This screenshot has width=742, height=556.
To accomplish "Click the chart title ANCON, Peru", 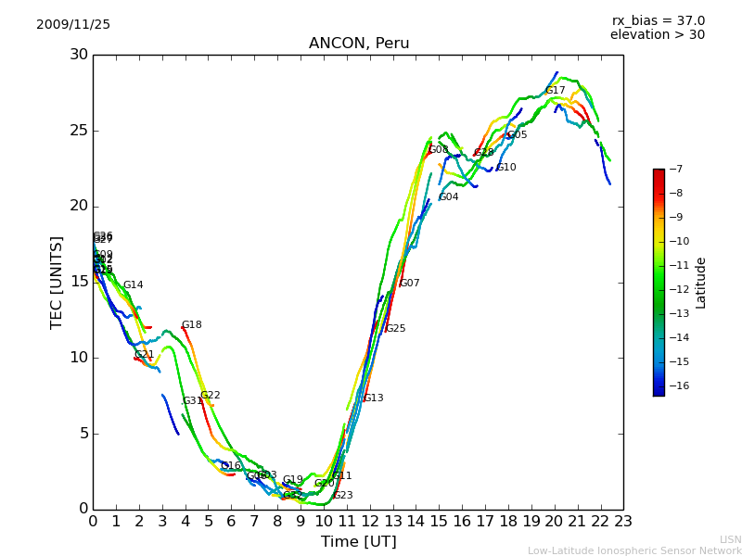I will [x=359, y=44].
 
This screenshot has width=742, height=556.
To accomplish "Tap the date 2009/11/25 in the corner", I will [x=73, y=25].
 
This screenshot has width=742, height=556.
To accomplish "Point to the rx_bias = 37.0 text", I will [x=658, y=21].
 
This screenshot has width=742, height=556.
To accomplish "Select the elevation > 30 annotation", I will [x=657, y=35].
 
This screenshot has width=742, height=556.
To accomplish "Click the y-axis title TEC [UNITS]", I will [x=57, y=282].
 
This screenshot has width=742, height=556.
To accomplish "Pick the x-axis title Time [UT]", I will [x=358, y=542].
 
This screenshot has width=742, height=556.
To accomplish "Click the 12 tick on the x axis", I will [x=370, y=522].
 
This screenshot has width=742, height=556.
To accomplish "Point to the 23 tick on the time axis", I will [x=623, y=522].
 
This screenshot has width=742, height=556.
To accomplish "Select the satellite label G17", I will [x=556, y=91].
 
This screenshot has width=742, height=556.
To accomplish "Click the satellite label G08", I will [x=439, y=150].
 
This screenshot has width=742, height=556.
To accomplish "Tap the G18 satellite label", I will [x=192, y=325].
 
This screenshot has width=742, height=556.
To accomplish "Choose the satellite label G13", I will [x=373, y=398].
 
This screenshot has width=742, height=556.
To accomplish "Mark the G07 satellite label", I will [x=410, y=284].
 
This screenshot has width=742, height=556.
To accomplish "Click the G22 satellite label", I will [x=211, y=396].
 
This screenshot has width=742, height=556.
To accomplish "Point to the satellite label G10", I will [x=506, y=168].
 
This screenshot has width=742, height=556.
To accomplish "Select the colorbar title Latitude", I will [x=701, y=282].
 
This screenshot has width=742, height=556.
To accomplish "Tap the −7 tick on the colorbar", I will [x=674, y=170].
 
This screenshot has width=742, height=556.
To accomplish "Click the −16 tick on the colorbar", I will [x=677, y=386].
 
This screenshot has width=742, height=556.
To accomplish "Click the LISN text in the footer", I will [x=730, y=539].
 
